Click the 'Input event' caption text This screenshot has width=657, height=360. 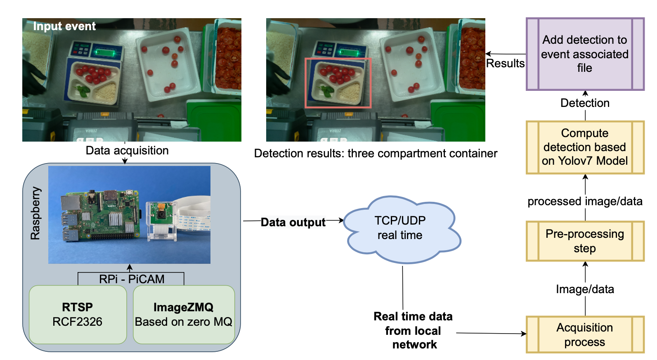64,26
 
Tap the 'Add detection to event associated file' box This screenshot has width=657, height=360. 585,54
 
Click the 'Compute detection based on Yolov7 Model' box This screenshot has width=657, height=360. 585,147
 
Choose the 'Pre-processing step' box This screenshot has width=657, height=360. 585,241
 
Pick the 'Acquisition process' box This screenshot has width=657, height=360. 585,334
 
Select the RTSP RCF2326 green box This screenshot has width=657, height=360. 78,315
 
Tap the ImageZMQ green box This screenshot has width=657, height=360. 184,315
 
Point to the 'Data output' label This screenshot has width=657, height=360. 293,223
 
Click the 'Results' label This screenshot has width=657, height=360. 505,64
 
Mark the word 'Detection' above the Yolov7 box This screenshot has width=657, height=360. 585,103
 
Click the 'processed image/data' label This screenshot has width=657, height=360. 585,201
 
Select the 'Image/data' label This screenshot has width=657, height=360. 585,289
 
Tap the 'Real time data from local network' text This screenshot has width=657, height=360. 413,330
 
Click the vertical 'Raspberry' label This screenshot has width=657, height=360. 36,213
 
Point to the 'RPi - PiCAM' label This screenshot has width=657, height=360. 132,279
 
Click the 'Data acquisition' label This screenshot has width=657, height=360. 127,151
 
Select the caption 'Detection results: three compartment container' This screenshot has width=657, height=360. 376,154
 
